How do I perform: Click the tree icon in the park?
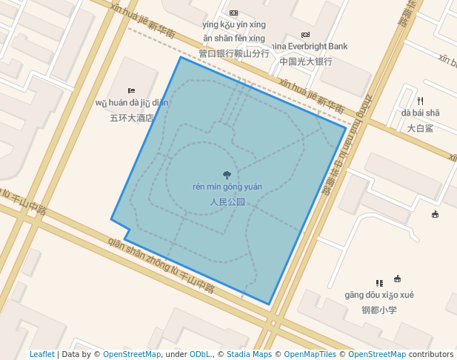[x=227, y=176]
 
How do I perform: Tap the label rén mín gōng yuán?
[x=227, y=187]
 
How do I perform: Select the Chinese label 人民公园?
[x=227, y=201]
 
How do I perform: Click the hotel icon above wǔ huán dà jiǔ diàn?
[x=132, y=90]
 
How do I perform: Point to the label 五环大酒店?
[x=132, y=117]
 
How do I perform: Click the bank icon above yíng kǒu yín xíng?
[x=234, y=13]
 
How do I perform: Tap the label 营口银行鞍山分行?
[x=234, y=53]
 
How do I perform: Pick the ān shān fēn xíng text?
[x=234, y=38]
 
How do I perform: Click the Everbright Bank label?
[x=312, y=46]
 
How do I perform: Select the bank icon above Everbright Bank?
[x=305, y=35]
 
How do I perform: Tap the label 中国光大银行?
[x=306, y=61]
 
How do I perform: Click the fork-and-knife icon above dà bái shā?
[x=420, y=101]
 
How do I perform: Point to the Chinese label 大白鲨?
[x=420, y=127]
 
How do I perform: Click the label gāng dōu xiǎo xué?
[x=379, y=295]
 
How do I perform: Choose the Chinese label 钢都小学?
[x=379, y=310]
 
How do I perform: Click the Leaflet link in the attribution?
[x=41, y=354]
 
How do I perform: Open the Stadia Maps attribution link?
[x=249, y=354]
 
